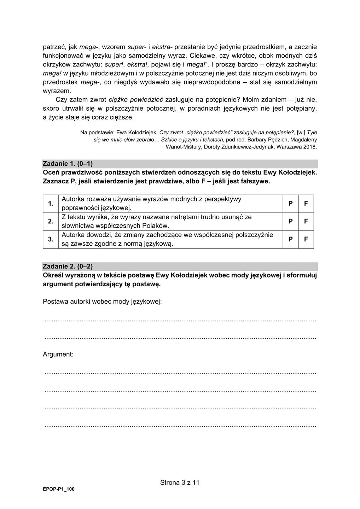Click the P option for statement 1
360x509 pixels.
point(290,204)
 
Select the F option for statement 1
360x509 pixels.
point(306,204)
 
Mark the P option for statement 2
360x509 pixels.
point(290,221)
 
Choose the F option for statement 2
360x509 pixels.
point(306,221)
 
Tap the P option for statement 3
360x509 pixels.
point(290,239)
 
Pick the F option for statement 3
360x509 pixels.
point(306,239)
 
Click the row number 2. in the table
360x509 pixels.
point(51,221)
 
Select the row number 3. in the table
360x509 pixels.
point(51,239)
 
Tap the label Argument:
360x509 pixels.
point(58,354)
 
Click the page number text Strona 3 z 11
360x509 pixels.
point(180,482)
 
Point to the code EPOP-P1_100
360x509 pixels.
point(59,489)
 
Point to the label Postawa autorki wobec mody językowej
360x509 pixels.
point(102,302)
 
